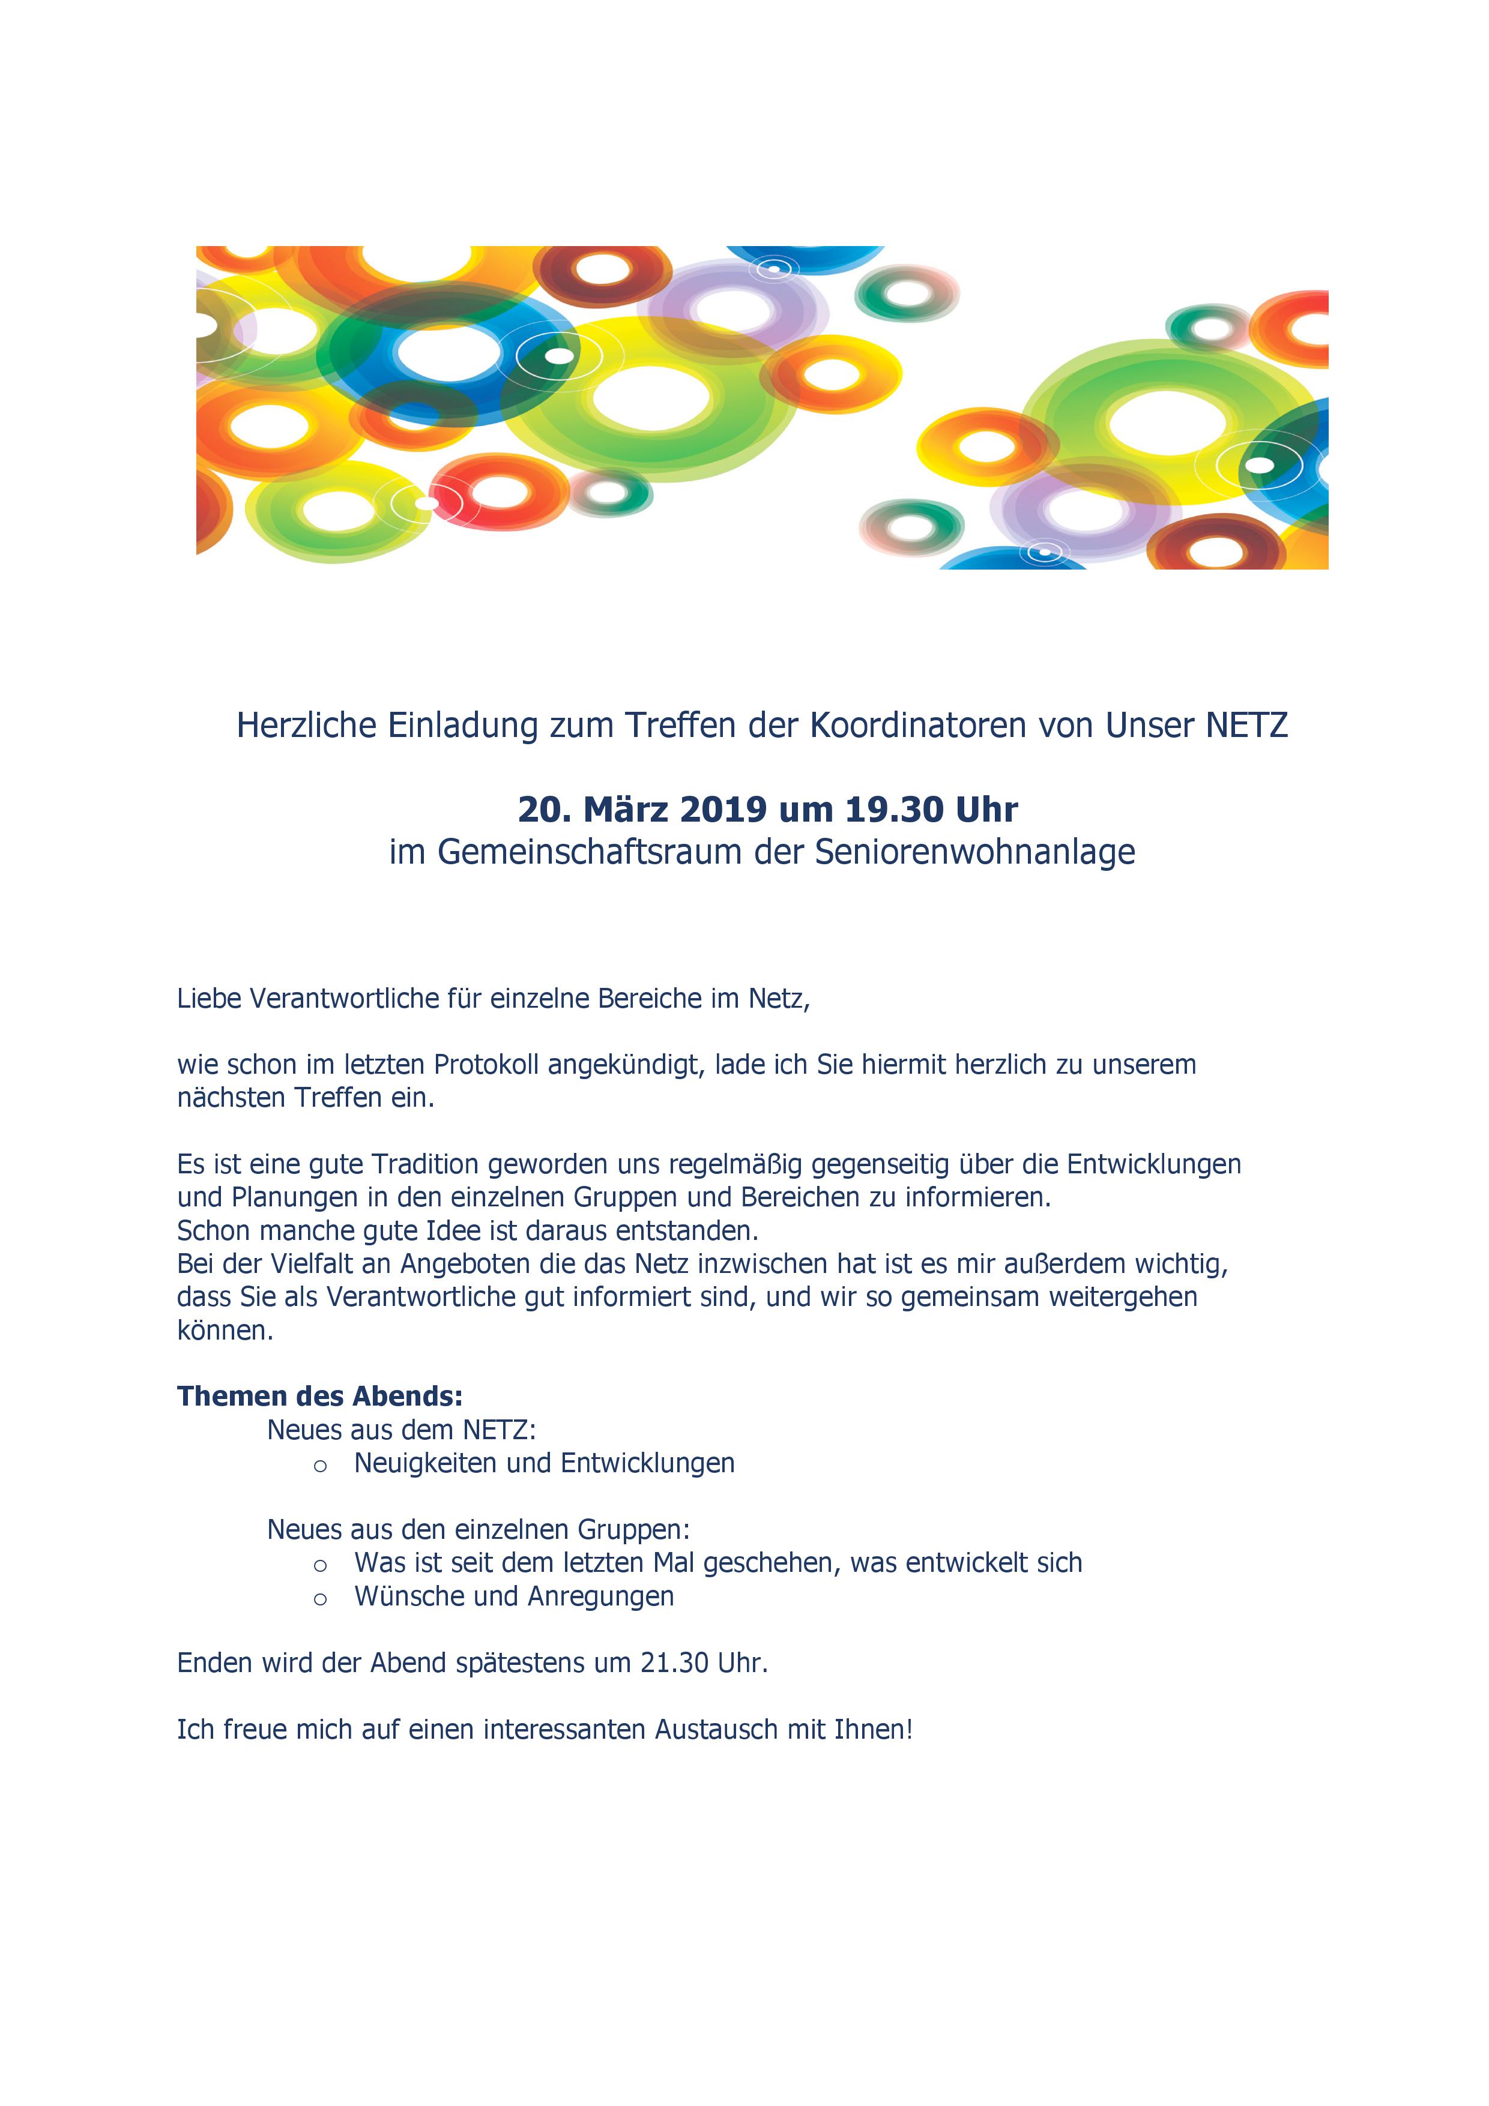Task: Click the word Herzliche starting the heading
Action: [306, 726]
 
